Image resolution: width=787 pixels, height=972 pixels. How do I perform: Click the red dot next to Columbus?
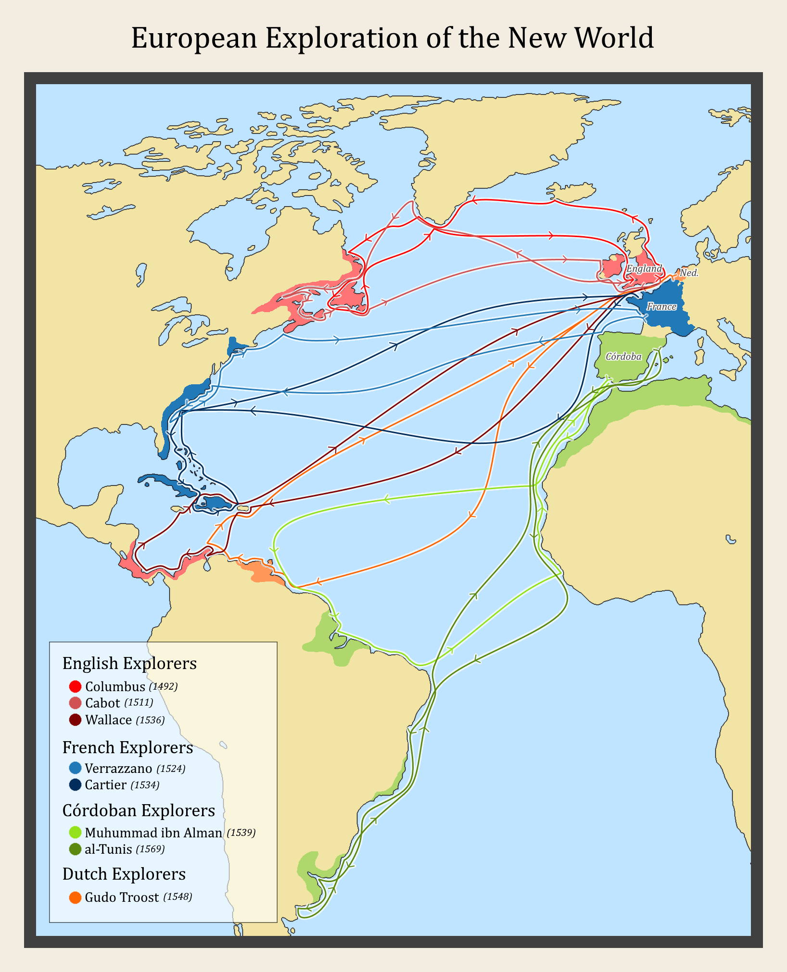[x=75, y=686]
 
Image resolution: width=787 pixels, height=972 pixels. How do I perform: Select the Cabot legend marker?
[x=75, y=703]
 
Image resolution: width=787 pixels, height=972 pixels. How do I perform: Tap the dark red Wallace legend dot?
[x=75, y=720]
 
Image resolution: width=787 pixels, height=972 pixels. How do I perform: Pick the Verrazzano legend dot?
[x=75, y=768]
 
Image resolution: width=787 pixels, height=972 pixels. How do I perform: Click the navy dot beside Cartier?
[x=75, y=785]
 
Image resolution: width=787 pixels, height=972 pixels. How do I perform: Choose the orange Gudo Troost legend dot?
[x=75, y=897]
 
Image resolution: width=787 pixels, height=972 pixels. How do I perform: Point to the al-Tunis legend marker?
[x=75, y=849]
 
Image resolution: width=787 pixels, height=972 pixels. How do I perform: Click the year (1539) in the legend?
[x=241, y=832]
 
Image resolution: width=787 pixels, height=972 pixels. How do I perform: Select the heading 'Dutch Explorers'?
[x=124, y=874]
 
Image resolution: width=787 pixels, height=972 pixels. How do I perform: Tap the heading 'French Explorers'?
[x=127, y=747]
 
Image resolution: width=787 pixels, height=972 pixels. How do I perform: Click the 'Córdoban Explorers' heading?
[x=139, y=810]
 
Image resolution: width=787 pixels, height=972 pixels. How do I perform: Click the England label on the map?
[x=644, y=268]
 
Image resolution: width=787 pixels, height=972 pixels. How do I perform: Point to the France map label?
[x=661, y=306]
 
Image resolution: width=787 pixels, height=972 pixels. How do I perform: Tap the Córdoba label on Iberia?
[x=623, y=356]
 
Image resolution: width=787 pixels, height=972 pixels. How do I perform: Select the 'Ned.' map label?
[x=689, y=273]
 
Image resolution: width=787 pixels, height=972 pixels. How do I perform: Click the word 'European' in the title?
[x=194, y=38]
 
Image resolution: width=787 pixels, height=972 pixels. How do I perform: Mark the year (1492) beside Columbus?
[x=163, y=686]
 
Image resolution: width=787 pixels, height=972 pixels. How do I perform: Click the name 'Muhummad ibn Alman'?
[x=153, y=833]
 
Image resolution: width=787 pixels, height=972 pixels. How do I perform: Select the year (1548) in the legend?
[x=178, y=897]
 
